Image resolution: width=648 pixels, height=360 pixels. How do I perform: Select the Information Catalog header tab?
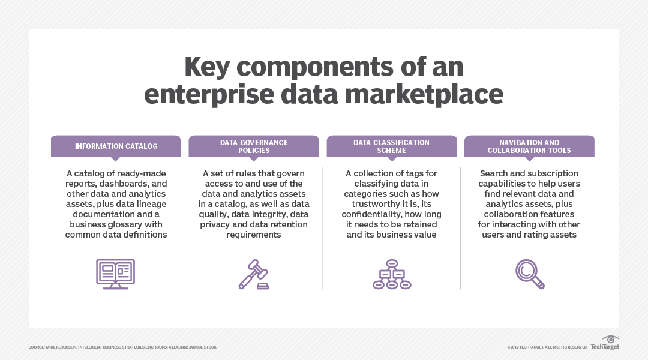116,146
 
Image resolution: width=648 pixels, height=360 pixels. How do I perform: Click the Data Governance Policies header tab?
254,146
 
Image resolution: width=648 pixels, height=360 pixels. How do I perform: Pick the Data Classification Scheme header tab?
391,146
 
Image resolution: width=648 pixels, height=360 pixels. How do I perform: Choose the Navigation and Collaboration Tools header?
529,146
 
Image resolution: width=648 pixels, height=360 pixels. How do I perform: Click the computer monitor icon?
116,274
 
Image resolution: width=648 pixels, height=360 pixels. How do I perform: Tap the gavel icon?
254,274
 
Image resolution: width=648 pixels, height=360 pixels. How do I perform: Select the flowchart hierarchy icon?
392,274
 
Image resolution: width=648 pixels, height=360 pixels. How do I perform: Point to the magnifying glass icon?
530,274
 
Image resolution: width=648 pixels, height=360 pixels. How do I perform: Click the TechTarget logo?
604,346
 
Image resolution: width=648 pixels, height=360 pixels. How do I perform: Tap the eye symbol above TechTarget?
610,339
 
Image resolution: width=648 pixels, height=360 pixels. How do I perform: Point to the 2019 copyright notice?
547,347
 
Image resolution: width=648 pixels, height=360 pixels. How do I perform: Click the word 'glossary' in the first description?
123,224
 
